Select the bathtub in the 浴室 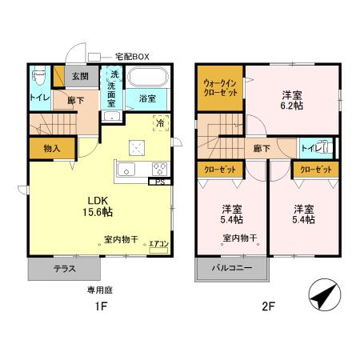(x=147, y=79)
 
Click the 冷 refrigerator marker (x=161, y=124)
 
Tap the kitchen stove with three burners (x=159, y=170)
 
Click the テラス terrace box (x=65, y=269)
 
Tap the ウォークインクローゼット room (x=218, y=87)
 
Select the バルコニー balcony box (x=233, y=268)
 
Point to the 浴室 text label (x=146, y=99)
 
